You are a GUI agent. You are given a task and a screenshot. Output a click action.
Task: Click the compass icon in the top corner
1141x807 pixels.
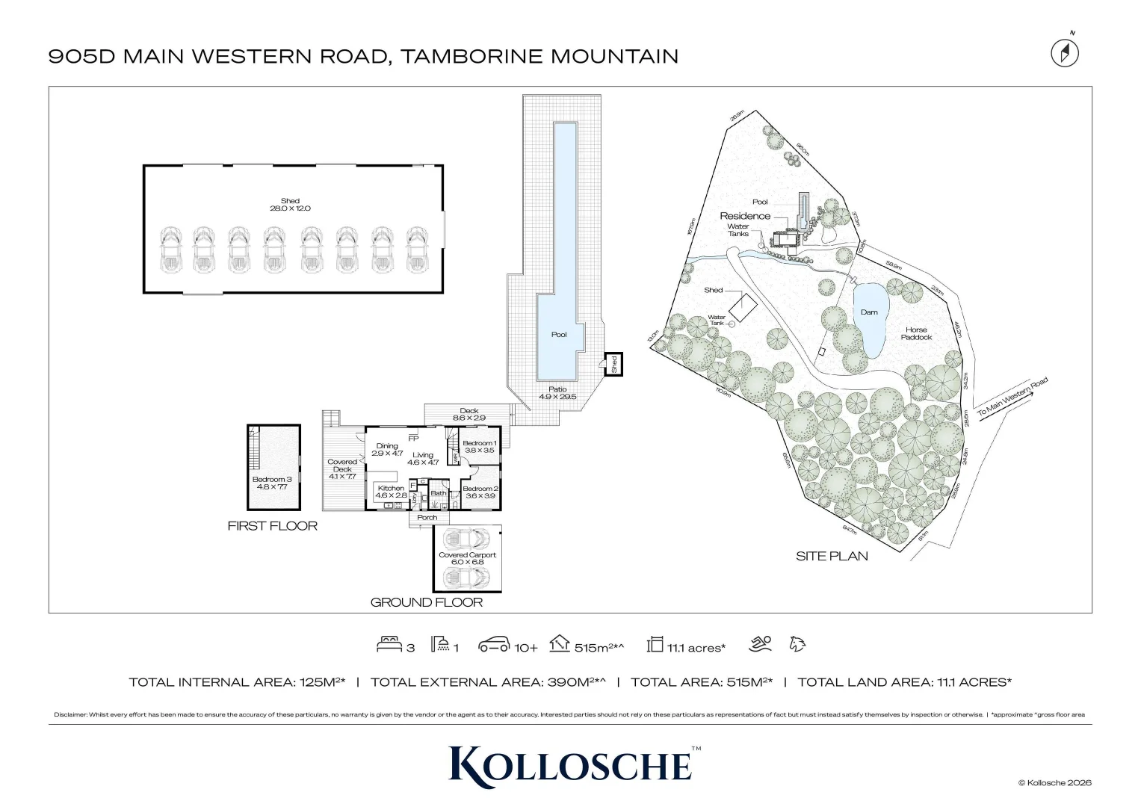(1066, 52)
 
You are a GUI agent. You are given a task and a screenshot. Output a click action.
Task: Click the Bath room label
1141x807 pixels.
(439, 493)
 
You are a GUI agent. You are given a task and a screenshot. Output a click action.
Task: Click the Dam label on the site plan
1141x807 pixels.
(869, 312)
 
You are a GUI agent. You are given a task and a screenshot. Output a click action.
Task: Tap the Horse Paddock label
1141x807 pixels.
(916, 333)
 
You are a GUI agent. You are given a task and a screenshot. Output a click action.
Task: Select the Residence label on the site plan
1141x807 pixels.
(745, 216)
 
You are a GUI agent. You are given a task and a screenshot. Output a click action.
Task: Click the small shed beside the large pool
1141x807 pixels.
(613, 364)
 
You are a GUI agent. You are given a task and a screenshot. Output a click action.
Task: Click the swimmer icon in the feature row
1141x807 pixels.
(761, 644)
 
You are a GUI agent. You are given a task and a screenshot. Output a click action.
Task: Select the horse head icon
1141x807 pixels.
(797, 644)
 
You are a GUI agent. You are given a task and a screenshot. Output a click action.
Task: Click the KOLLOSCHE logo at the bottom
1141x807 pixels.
(570, 763)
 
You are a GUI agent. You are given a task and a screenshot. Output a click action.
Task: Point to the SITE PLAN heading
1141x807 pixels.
(832, 556)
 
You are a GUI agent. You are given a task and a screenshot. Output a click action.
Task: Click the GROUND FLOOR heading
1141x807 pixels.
(427, 602)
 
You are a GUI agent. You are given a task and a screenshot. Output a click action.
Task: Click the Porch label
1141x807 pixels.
(427, 517)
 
